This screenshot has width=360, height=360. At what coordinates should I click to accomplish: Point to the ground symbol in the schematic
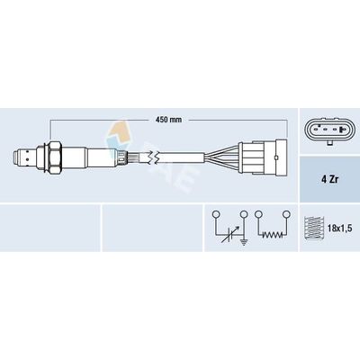click(245, 241)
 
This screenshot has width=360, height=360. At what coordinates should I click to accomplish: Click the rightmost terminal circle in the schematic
click(286, 214)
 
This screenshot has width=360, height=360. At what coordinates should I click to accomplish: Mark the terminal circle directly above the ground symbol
click(244, 214)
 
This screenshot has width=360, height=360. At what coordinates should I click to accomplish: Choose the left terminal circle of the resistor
click(258, 214)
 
